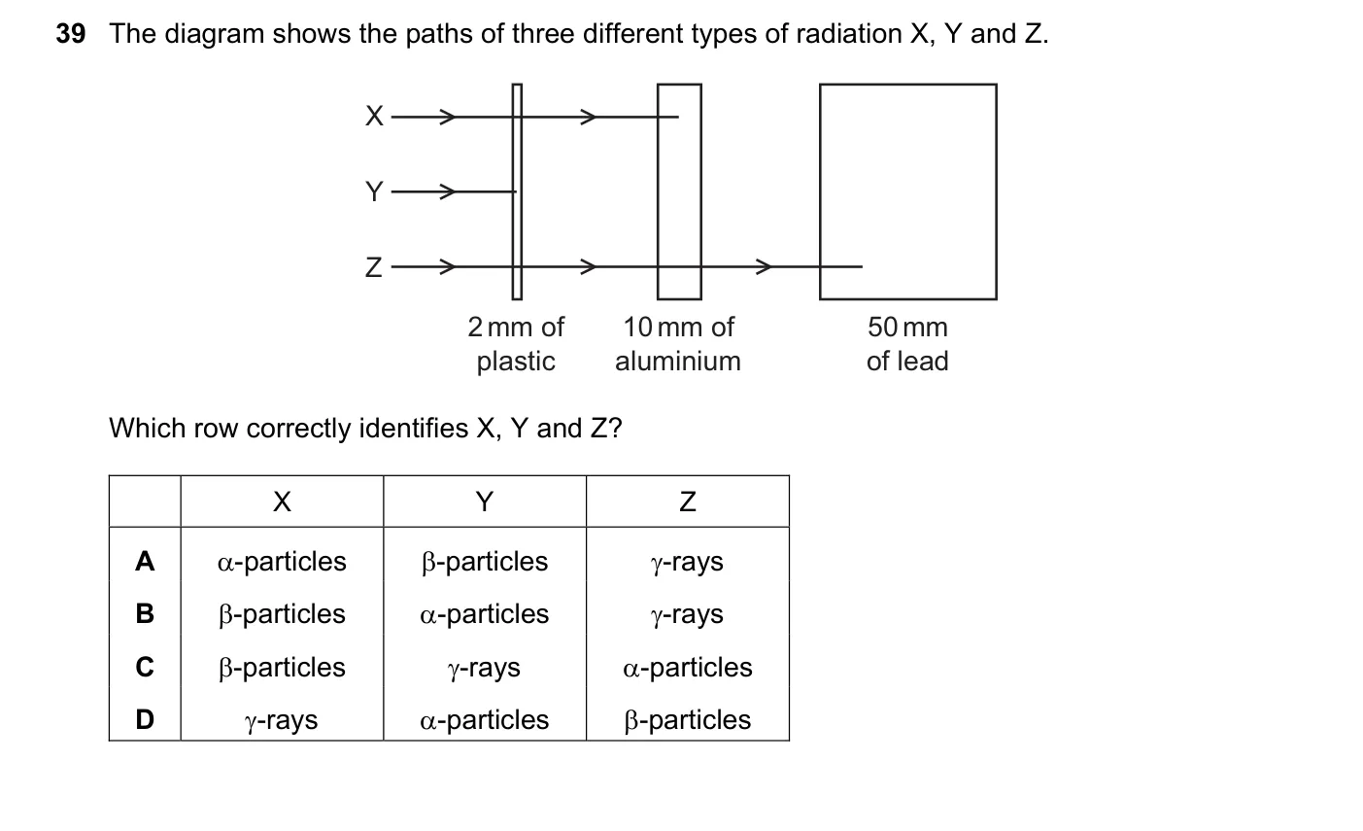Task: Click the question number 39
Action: [71, 33]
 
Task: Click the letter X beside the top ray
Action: [374, 116]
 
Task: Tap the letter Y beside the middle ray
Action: [374, 191]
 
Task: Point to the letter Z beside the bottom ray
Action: [374, 267]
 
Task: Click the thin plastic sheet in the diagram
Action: [517, 191]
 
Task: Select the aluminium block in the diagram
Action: [680, 191]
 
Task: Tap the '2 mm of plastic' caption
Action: [516, 344]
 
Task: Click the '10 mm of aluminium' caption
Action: [678, 344]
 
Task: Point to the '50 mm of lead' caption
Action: [907, 344]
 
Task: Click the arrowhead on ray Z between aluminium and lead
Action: [765, 266]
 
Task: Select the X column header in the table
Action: [282, 502]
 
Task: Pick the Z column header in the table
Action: [688, 502]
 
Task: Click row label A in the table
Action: [145, 562]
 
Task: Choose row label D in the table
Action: [145, 719]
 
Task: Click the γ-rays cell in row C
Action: [485, 668]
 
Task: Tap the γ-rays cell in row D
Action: [281, 721]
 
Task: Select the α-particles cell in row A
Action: [282, 562]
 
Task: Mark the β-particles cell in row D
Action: [688, 720]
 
